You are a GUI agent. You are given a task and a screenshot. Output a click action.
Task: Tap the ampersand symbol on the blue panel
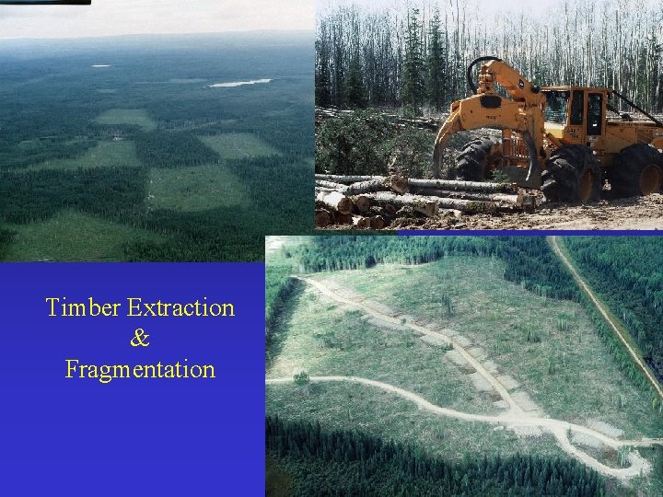pos(140,339)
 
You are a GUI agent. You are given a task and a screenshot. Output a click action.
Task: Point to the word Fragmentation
pos(140,370)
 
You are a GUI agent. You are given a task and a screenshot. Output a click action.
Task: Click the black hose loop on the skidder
pos(483,73)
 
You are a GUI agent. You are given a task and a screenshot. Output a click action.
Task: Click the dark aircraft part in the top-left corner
pos(46,2)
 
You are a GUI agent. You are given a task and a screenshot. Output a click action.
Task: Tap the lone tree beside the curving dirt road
pos(300,376)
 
